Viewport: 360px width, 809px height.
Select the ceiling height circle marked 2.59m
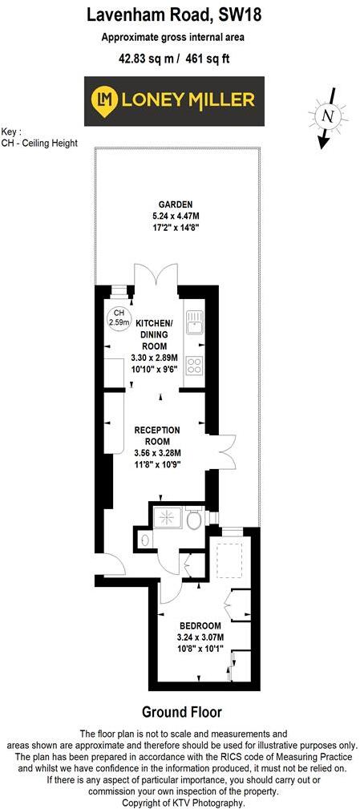[x=118, y=317]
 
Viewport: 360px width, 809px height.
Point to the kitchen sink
[x=193, y=322]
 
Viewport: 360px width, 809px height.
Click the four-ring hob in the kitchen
[x=194, y=366]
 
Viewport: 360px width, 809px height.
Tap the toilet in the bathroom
[x=193, y=521]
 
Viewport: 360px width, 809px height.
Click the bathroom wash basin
[x=144, y=539]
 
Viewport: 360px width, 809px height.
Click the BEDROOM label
[x=200, y=625]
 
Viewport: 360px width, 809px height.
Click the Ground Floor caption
[x=181, y=712]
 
